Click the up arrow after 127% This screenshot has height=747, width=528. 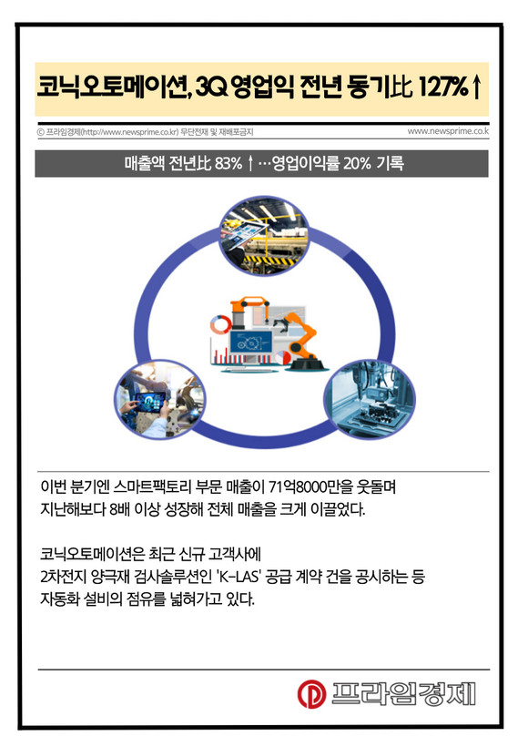click(476, 87)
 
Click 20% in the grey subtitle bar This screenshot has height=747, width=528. click(357, 163)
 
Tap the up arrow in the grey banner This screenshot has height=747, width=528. click(250, 163)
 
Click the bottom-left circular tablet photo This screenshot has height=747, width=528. click(159, 399)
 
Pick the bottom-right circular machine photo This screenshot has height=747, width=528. click(370, 399)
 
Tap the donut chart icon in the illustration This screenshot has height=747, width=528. click(220, 324)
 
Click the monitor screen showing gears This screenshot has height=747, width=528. click(250, 341)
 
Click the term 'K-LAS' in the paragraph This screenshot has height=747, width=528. click(238, 577)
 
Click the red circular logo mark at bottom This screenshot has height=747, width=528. click(312, 693)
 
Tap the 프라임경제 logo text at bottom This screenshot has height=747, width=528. click(403, 693)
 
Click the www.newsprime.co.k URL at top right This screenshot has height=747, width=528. click(448, 131)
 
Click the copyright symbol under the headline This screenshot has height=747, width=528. click(40, 132)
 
